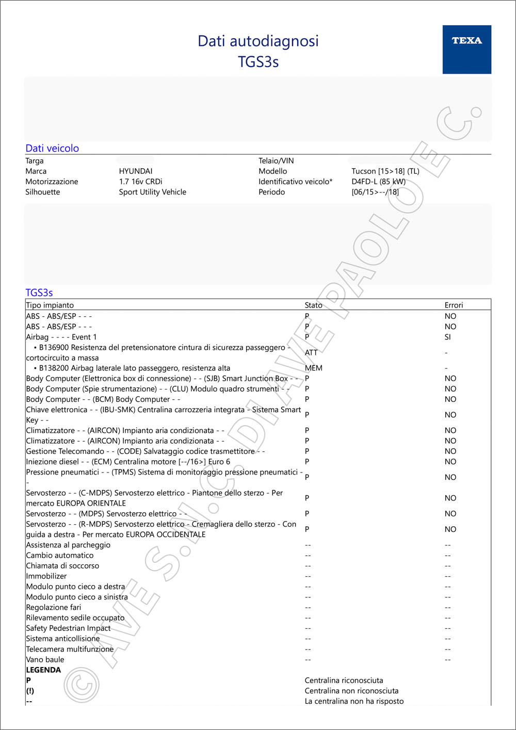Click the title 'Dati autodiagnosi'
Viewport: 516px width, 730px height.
[x=258, y=41]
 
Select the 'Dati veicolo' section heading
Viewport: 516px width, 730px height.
[x=52, y=148]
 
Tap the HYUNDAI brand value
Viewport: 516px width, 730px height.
[x=136, y=171]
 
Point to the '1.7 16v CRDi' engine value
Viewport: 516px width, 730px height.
[x=140, y=182]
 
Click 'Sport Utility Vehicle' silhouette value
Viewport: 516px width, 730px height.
[x=152, y=192]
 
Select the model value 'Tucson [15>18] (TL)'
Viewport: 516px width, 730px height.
[x=385, y=171]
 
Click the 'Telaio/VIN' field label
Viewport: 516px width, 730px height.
[x=276, y=161]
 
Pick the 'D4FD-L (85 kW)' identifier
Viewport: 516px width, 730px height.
[x=378, y=182]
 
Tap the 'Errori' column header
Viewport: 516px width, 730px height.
[x=454, y=305]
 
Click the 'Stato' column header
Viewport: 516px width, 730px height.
[x=313, y=305]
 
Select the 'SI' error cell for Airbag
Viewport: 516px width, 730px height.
[x=447, y=337]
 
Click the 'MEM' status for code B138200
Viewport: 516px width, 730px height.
[x=313, y=368]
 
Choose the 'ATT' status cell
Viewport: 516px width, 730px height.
[x=311, y=352]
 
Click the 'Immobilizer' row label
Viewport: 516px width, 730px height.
[x=46, y=576]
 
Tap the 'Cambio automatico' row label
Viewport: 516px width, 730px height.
[x=60, y=555]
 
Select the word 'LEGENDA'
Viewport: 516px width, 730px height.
[x=43, y=670]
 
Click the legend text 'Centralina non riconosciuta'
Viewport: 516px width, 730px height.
[x=351, y=691]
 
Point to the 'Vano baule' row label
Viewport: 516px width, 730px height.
[x=45, y=659]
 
